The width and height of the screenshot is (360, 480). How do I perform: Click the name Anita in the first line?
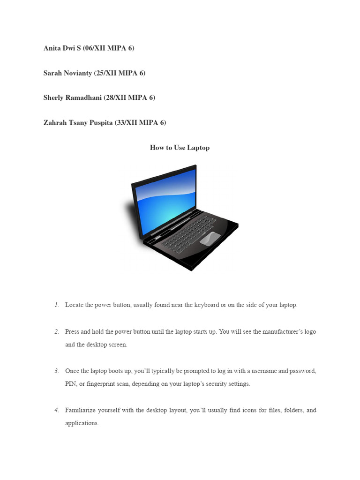[x=52, y=48]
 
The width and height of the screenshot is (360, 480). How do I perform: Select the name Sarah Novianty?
[x=67, y=73]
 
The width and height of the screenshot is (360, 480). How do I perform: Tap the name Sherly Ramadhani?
[x=72, y=98]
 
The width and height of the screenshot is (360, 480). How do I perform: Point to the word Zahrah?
[x=54, y=123]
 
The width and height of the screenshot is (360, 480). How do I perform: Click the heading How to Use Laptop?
[x=180, y=148]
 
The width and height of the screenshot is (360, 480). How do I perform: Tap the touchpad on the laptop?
[x=210, y=239]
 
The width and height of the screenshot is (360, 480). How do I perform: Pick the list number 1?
[x=56, y=305]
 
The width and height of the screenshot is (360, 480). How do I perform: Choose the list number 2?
[x=56, y=332]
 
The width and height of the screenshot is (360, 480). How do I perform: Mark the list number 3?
[x=56, y=371]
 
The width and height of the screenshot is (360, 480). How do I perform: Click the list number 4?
[x=56, y=411]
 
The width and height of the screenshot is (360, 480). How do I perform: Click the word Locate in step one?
[x=74, y=305]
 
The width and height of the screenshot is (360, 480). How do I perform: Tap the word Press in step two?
[x=72, y=332]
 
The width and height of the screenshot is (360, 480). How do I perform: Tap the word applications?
[x=82, y=423]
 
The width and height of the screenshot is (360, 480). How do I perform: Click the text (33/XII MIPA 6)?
[x=140, y=123]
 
